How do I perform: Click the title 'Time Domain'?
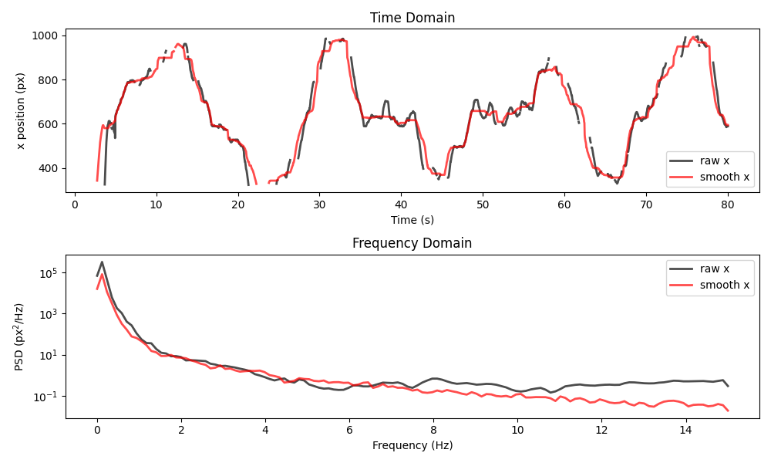[x=412, y=18]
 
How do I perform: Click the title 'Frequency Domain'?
[x=412, y=243]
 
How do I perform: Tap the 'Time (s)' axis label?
[x=412, y=220]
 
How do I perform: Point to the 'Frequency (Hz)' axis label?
[x=412, y=445]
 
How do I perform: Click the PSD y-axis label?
[x=21, y=336]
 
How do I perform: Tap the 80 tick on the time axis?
[x=727, y=204]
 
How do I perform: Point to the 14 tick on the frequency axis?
[x=685, y=430]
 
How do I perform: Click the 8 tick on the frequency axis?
[x=433, y=430]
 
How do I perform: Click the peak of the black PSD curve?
[x=102, y=262]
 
